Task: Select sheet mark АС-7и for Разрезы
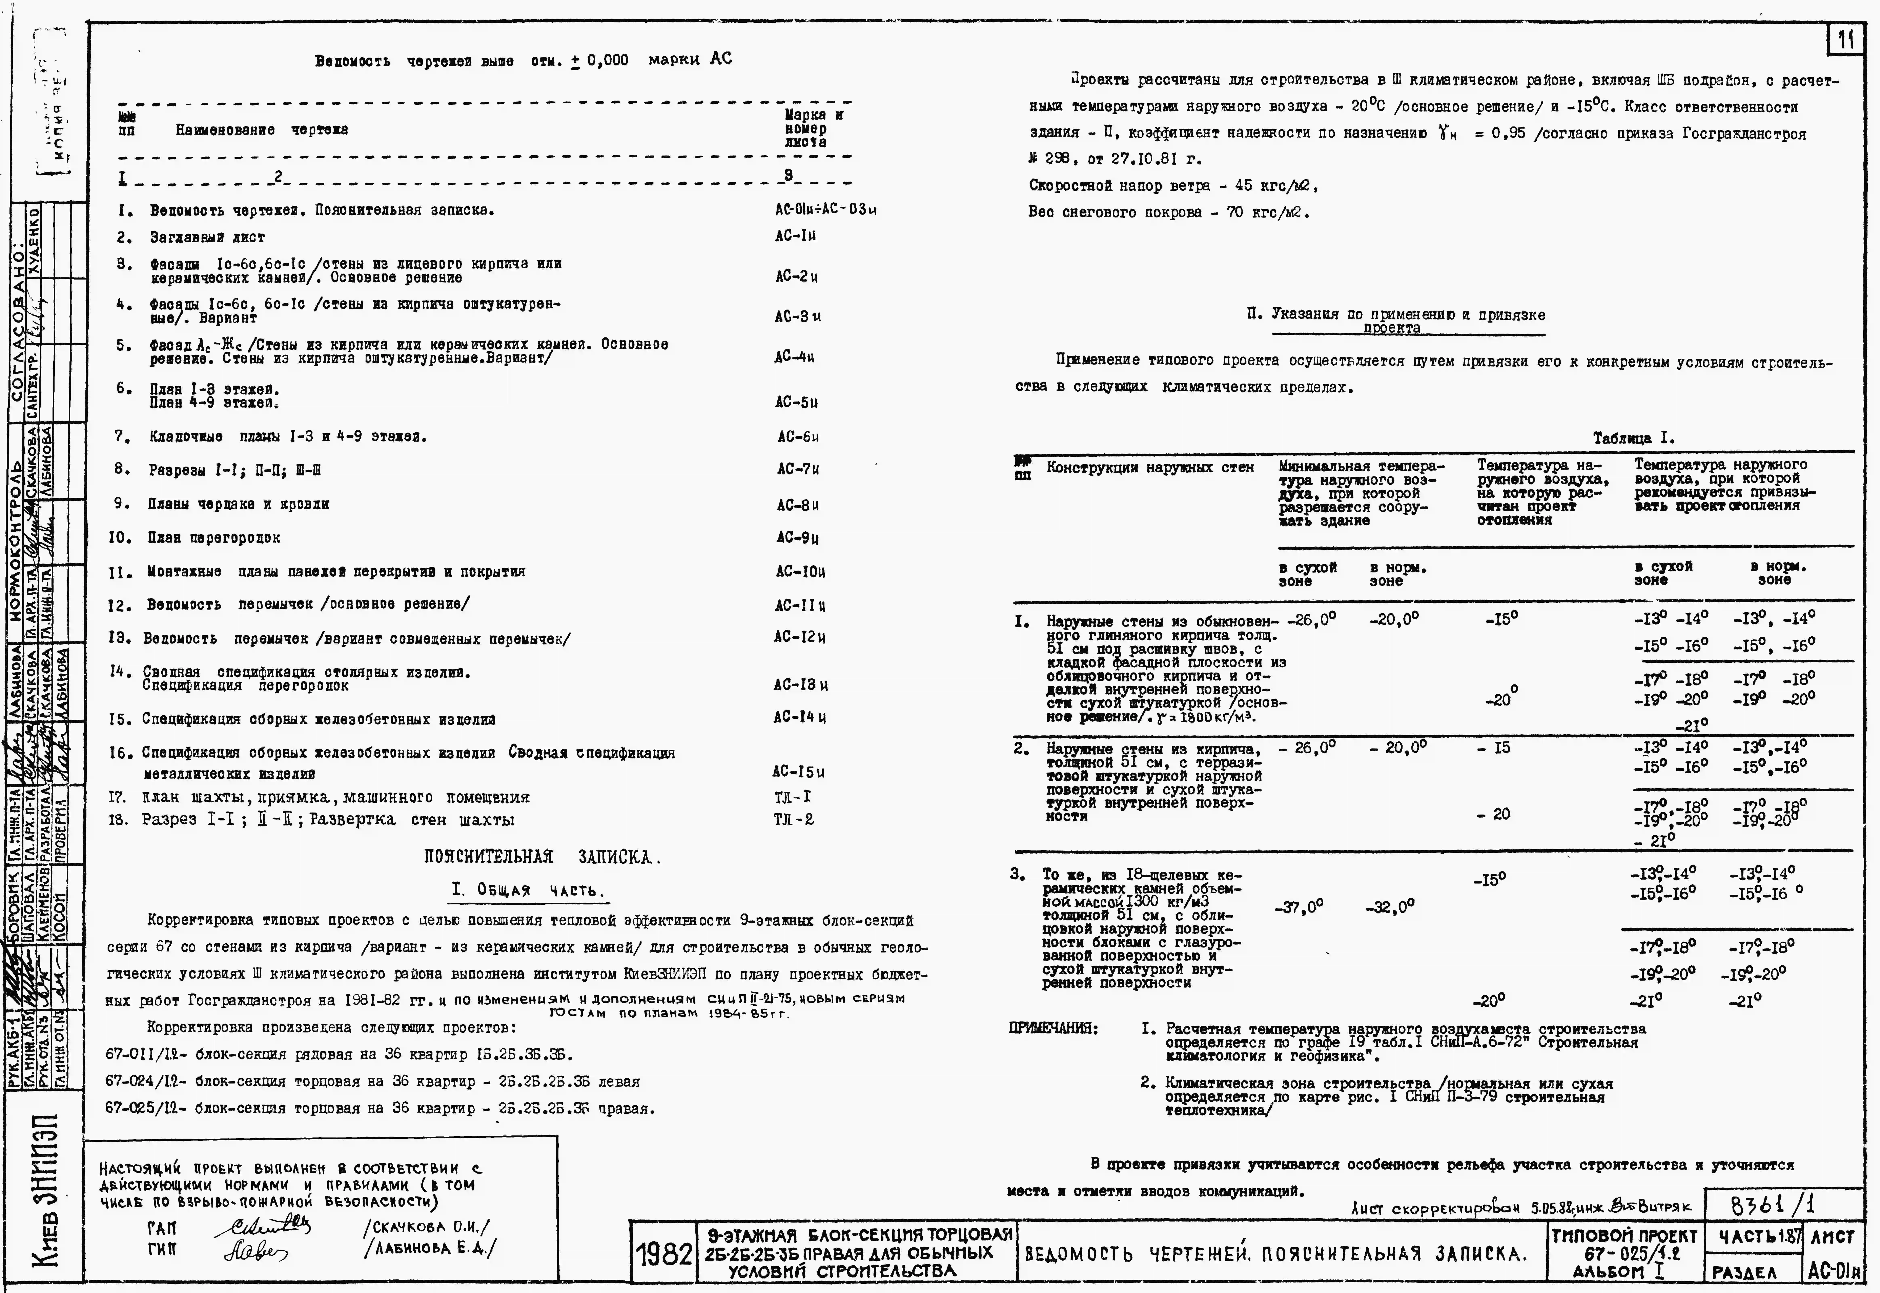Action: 798,469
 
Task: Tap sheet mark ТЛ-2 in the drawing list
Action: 794,819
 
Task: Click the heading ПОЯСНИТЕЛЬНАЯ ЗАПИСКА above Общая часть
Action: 542,857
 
